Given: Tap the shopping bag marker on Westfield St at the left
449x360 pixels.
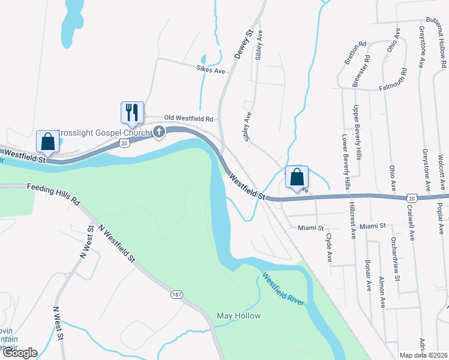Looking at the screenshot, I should click(x=47, y=142).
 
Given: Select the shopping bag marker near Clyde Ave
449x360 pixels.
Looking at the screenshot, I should click(x=297, y=178).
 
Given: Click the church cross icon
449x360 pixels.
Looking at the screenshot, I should click(x=159, y=132).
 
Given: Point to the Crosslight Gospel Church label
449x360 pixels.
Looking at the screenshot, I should click(x=105, y=132).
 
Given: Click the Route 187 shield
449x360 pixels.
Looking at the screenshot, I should click(x=176, y=295).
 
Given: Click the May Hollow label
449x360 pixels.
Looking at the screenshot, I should click(x=238, y=316).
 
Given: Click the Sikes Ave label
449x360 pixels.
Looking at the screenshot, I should click(x=210, y=71).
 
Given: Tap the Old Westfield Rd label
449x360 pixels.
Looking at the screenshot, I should click(x=190, y=119).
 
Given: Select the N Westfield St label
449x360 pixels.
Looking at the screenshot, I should click(x=116, y=244).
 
